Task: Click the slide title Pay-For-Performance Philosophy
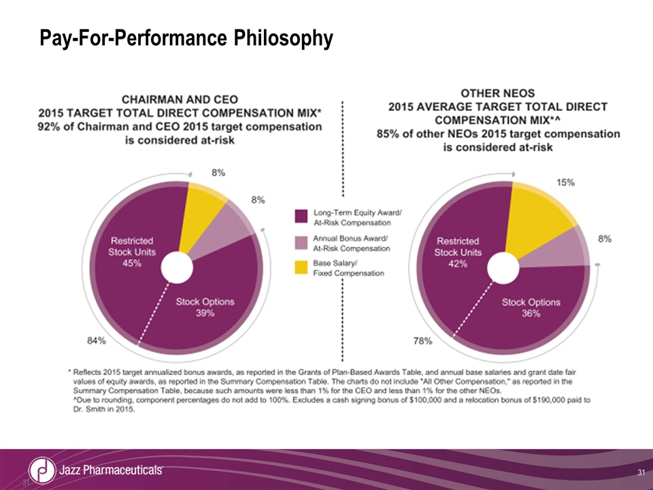click(x=186, y=38)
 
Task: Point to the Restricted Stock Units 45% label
click(x=132, y=252)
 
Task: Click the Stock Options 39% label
click(x=205, y=307)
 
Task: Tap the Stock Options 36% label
click(x=531, y=308)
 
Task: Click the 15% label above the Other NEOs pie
click(x=566, y=182)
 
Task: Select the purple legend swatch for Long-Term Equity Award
click(x=299, y=217)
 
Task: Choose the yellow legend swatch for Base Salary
click(x=299, y=267)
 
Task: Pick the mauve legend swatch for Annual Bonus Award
click(x=299, y=243)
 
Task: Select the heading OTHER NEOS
click(x=498, y=93)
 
